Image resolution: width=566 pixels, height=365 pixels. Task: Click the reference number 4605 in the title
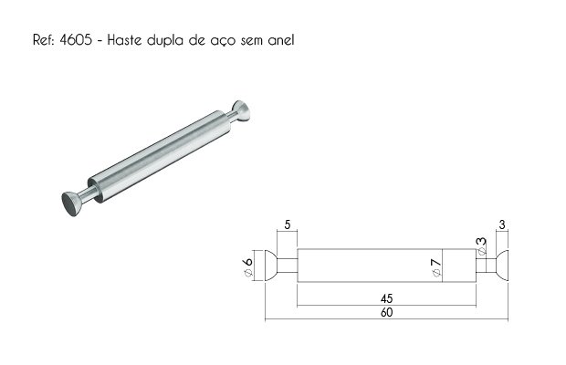(76, 39)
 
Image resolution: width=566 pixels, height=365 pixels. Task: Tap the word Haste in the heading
(124, 39)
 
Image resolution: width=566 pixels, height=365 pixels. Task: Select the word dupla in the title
(165, 40)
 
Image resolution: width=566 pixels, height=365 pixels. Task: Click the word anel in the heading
(281, 39)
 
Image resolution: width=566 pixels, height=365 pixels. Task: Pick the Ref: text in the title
(43, 39)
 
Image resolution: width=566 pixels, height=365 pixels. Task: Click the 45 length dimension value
(386, 298)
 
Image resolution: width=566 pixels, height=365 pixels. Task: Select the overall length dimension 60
(386, 312)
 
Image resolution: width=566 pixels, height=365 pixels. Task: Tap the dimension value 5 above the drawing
(287, 224)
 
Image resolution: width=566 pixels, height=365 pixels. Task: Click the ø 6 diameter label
(248, 266)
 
